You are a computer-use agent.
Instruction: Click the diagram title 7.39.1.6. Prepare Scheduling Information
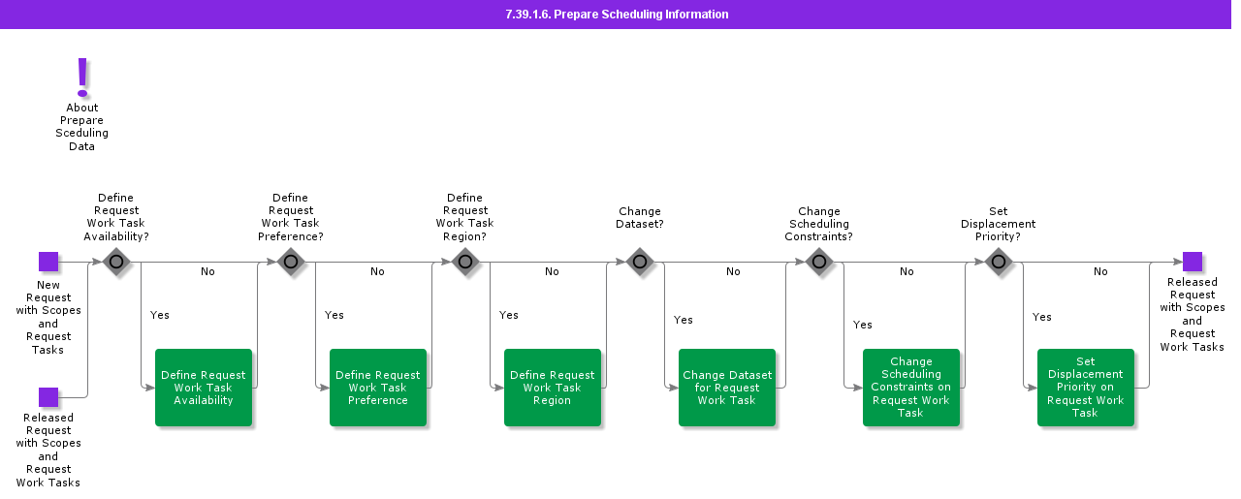(x=617, y=15)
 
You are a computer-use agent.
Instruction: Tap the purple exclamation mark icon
(x=82, y=77)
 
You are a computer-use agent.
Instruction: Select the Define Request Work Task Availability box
(x=204, y=388)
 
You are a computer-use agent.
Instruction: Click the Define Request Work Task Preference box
(x=378, y=388)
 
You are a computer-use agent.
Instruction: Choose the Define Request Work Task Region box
(x=553, y=388)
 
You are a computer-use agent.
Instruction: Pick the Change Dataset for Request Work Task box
(x=727, y=388)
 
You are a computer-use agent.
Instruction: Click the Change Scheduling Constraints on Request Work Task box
(x=911, y=388)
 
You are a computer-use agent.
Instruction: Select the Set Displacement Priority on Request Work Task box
(x=1086, y=388)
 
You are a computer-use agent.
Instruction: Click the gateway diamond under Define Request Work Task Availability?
(x=116, y=262)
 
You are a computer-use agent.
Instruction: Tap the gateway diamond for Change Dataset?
(x=640, y=262)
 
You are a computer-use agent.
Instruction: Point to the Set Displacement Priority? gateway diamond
(x=999, y=262)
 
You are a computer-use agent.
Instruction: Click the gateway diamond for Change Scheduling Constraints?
(x=819, y=262)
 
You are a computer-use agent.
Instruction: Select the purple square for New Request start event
(x=48, y=262)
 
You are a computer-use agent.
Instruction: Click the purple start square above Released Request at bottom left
(x=48, y=397)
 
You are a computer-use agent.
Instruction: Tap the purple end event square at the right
(x=1193, y=262)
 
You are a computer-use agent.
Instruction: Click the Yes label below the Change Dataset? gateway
(x=684, y=320)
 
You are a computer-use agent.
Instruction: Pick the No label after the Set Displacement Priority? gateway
(x=1100, y=272)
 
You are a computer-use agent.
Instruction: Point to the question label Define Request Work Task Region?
(x=465, y=217)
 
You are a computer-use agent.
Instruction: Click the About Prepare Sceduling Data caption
(x=82, y=127)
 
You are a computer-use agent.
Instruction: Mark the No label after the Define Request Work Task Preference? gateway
(x=377, y=272)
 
